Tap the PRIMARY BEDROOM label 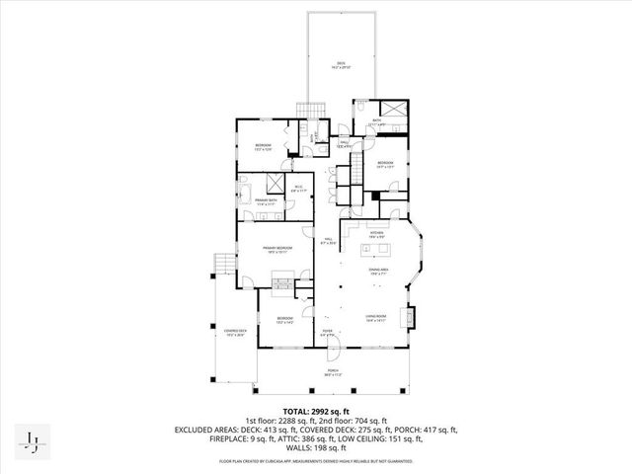click(276, 249)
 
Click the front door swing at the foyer click(333, 346)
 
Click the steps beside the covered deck click(226, 264)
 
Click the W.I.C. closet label click(298, 190)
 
